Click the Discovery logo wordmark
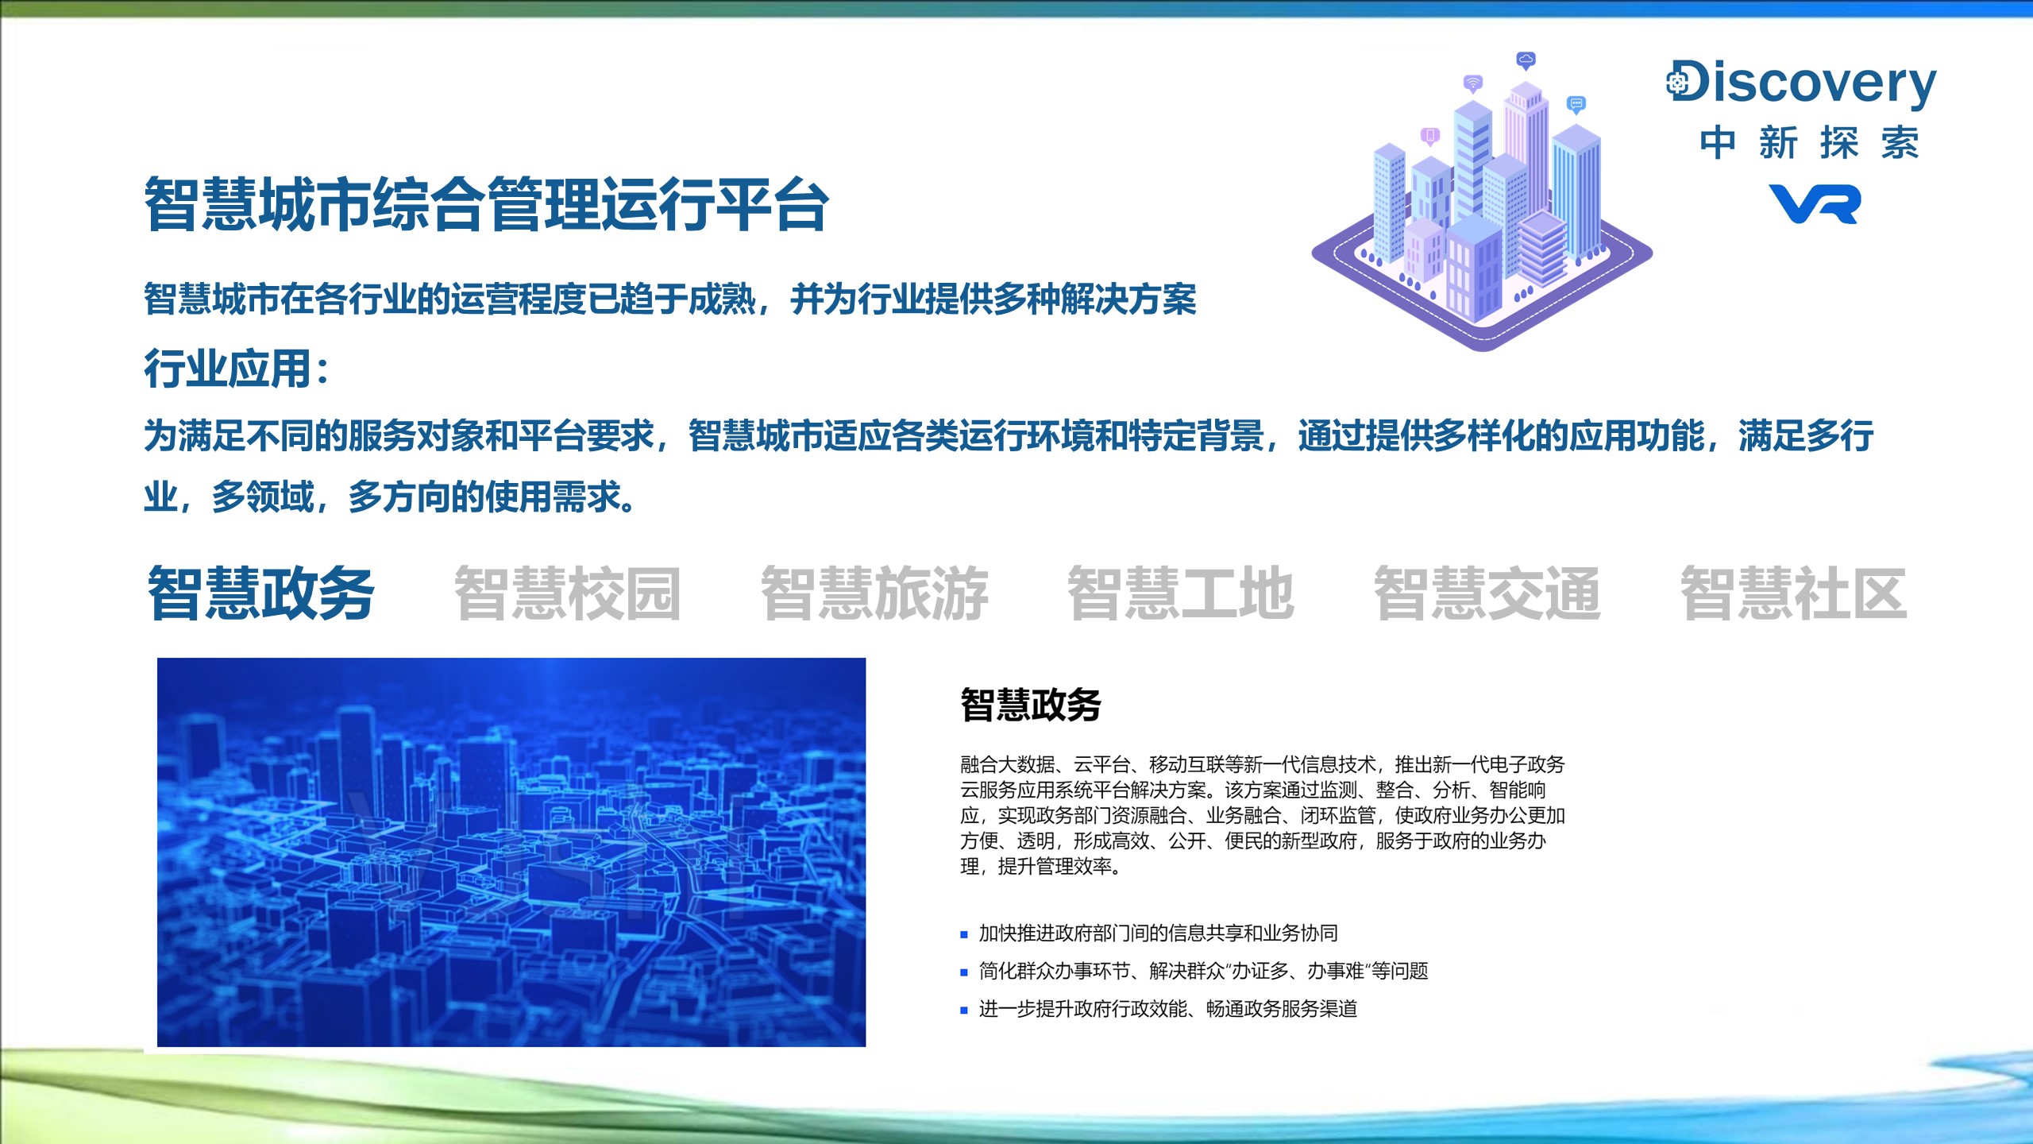pos(1801,83)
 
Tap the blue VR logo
pos(1815,204)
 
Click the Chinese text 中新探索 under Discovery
pos(1810,143)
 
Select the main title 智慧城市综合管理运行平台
pos(487,205)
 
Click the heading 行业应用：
pos(236,369)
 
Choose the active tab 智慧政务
pos(261,593)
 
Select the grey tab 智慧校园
pos(568,593)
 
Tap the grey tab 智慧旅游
pos(874,593)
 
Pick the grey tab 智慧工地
pos(1181,593)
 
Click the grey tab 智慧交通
pos(1487,593)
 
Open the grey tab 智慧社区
pos(1794,593)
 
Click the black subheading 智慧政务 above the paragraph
pos(1031,705)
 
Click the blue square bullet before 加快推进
pos(964,935)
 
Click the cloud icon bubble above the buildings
pos(1526,60)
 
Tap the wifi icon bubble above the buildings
pos(1473,83)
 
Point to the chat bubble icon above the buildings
pos(1576,104)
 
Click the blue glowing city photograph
pos(511,852)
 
